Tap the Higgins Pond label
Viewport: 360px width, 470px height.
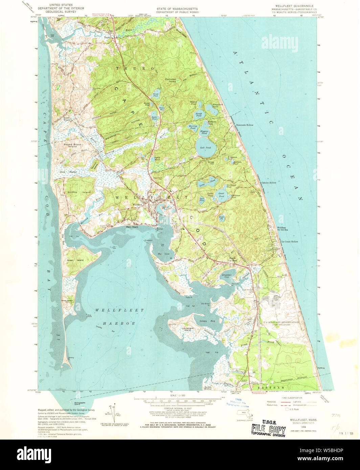tap(204, 132)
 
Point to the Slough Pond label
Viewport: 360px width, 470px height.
tap(199, 115)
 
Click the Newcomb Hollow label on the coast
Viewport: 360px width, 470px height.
tap(245, 125)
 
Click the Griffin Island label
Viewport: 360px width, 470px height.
tap(74, 192)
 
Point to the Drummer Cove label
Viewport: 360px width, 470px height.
tap(227, 276)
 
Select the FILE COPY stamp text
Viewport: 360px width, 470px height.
tap(268, 429)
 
